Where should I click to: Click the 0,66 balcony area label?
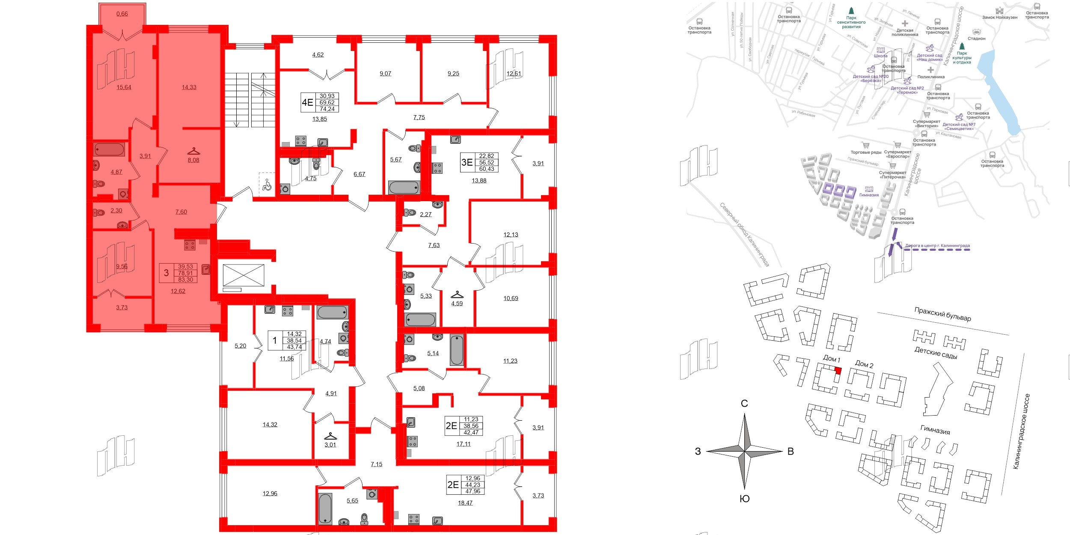coord(122,14)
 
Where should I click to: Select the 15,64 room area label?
coord(124,87)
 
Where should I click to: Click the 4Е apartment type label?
coord(307,103)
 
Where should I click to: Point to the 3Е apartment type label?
coord(467,163)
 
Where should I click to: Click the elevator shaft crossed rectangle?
coord(244,275)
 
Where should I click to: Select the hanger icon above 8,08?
coord(193,151)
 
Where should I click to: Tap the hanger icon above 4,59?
coord(457,294)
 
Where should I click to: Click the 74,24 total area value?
coord(327,109)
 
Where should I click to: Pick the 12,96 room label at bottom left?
coord(270,493)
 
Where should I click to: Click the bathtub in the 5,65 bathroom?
coord(325,508)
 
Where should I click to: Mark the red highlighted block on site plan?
coord(838,371)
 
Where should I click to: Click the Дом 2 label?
coord(864,364)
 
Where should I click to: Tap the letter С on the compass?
coord(744,404)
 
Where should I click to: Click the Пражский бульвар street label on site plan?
coord(942,314)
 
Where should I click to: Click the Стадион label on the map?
coord(976,39)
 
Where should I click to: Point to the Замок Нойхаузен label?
coord(999,18)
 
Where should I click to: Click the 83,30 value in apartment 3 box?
coord(185,279)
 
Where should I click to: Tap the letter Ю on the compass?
coord(744,499)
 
